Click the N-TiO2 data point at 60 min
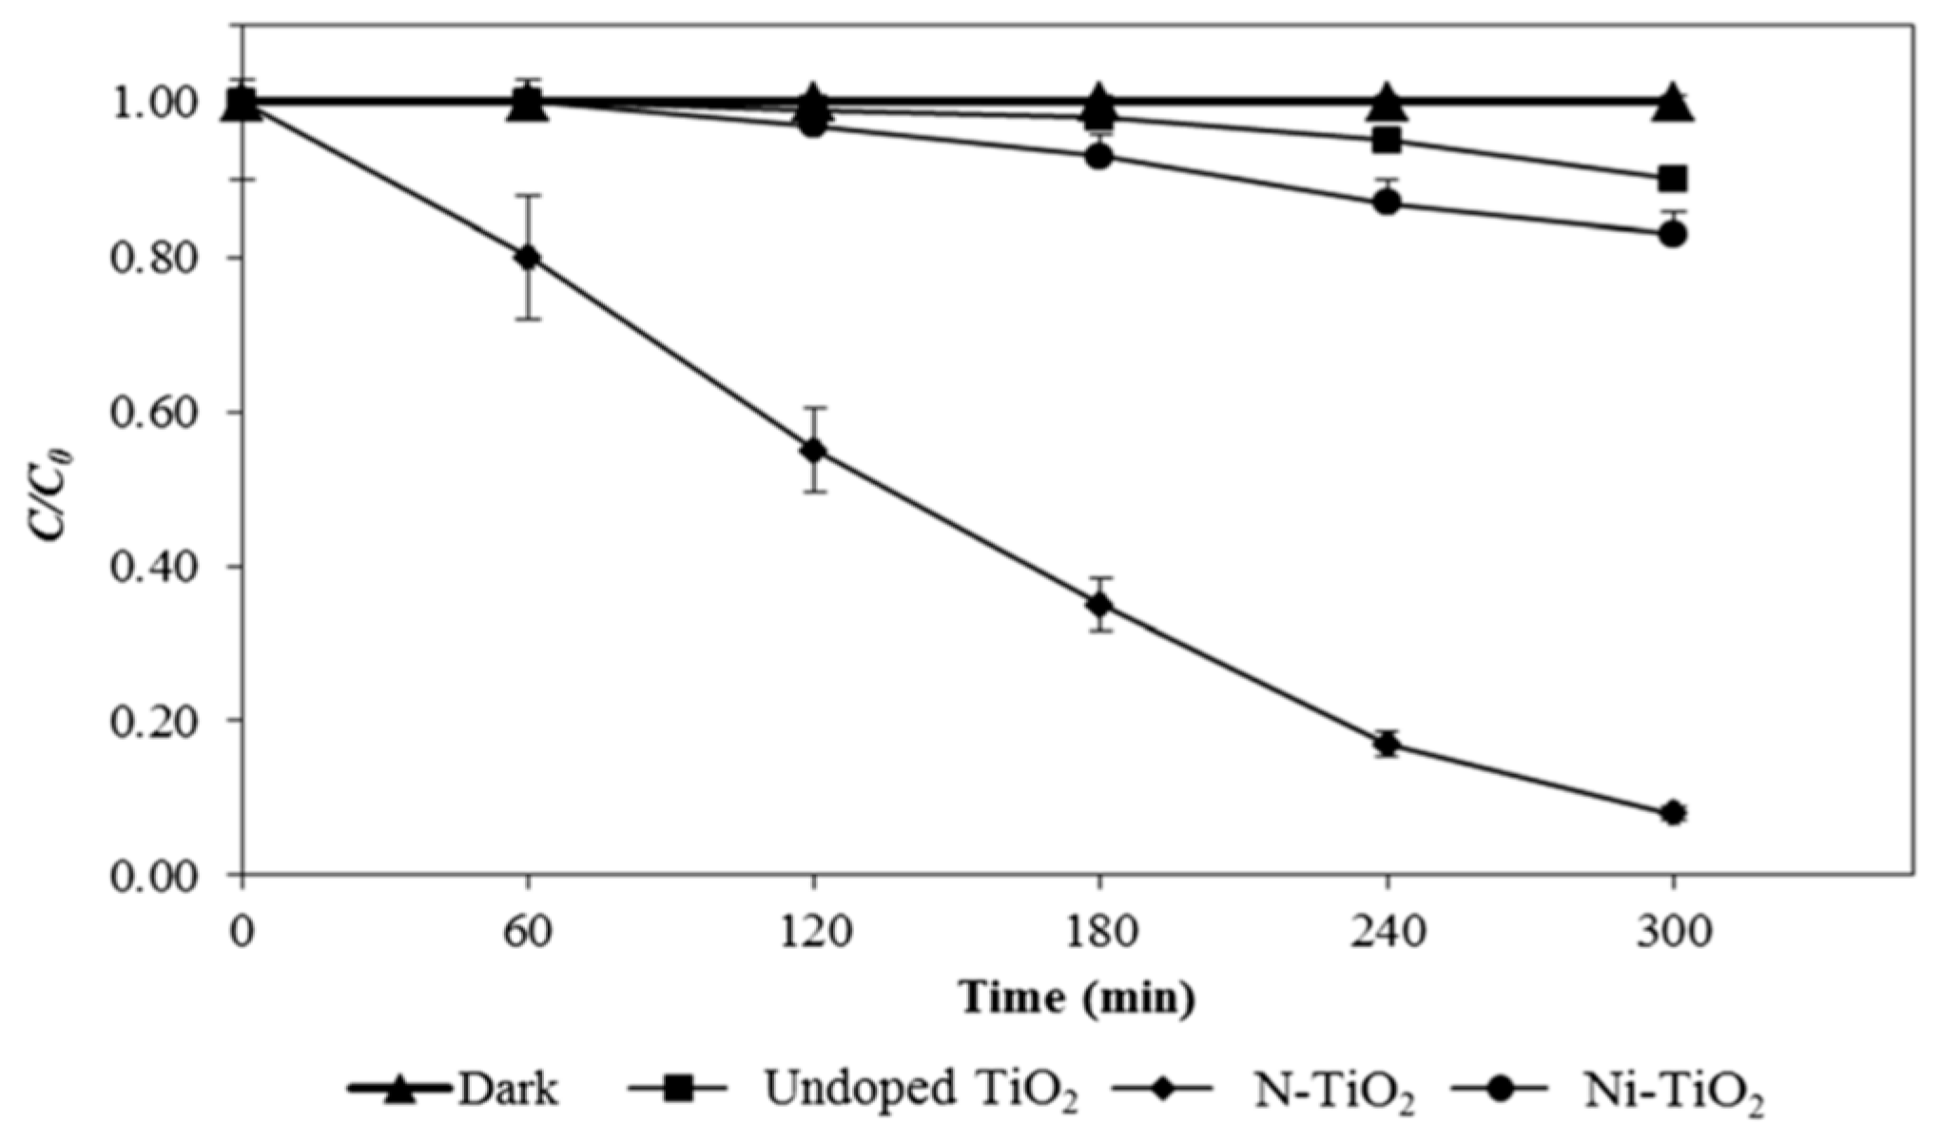(x=529, y=258)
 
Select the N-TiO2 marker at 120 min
(x=814, y=451)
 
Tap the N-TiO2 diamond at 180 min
(x=1100, y=605)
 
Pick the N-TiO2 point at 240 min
(x=1387, y=744)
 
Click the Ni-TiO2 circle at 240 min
(x=1387, y=203)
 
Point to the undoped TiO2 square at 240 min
(x=1387, y=141)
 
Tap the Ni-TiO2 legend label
(x=1674, y=1091)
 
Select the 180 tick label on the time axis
(x=1100, y=932)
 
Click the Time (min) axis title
(x=1077, y=998)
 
